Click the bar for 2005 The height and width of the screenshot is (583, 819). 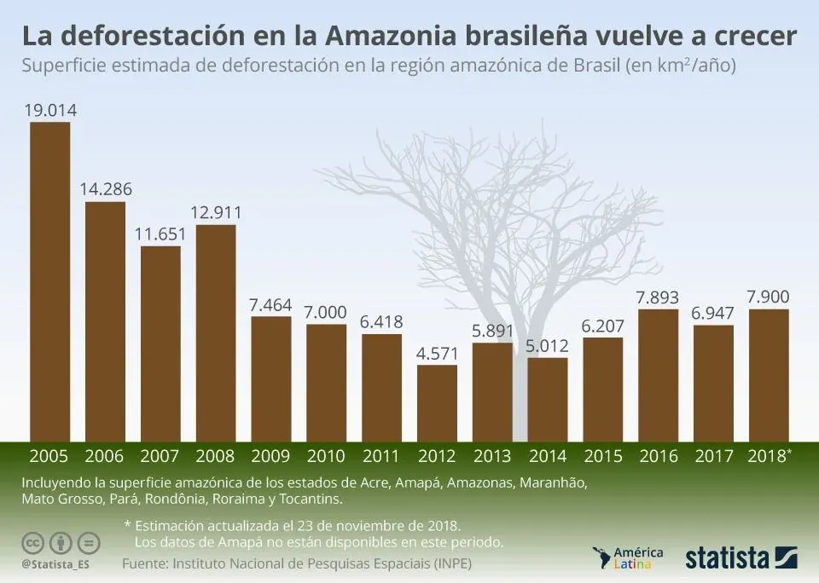point(50,281)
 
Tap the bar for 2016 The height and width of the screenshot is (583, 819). point(658,375)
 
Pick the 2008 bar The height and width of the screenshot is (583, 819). point(216,333)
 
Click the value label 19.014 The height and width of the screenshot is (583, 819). point(50,110)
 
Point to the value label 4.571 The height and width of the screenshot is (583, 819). point(437,353)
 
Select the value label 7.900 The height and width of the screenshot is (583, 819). point(768,297)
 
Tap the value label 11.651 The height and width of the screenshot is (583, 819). point(161,234)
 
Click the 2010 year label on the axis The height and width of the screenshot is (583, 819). point(326,456)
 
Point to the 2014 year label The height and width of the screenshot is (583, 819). point(548,456)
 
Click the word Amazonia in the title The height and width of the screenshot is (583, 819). point(397,36)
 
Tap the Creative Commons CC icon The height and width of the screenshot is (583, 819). point(33,543)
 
